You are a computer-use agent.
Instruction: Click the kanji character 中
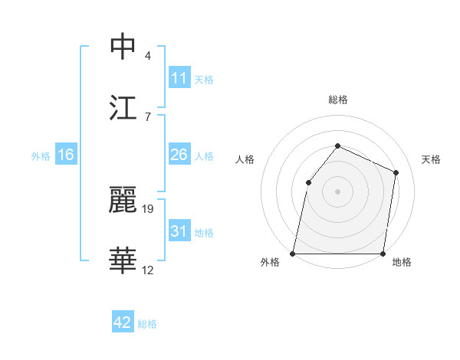click(123, 47)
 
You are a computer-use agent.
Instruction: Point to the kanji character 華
click(123, 260)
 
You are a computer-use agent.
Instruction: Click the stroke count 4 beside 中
click(148, 56)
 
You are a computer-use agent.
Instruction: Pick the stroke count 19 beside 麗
click(149, 208)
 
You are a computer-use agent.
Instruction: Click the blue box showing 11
click(179, 78)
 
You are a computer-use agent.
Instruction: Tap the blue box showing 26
click(179, 155)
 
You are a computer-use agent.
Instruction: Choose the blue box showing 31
click(179, 231)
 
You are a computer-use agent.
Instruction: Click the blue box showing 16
click(66, 155)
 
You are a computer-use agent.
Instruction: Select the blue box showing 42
click(123, 322)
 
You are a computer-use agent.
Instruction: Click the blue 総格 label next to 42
click(147, 324)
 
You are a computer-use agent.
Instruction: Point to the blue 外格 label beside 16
click(41, 156)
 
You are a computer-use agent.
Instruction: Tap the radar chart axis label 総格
click(338, 100)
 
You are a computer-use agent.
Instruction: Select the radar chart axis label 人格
click(245, 159)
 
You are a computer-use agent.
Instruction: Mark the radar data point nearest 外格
click(293, 254)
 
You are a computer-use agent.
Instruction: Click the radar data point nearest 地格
click(383, 254)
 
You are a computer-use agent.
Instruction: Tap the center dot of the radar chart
click(338, 191)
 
